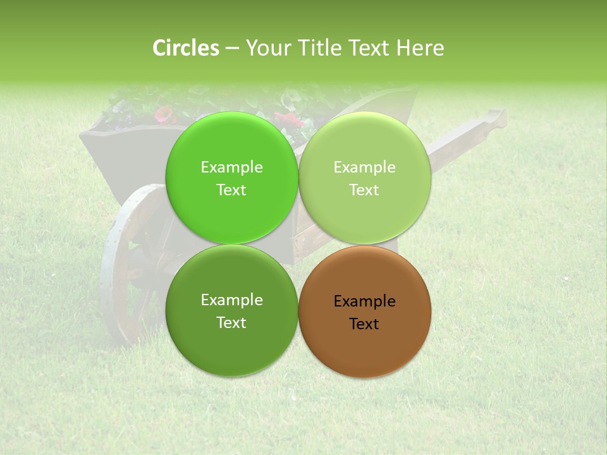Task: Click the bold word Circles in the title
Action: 186,48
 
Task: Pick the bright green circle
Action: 231,145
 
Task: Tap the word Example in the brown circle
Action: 364,301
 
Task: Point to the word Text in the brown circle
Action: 364,324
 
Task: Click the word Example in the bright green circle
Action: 231,167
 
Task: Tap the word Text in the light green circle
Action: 364,190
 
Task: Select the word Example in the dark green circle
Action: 231,300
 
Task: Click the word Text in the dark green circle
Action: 231,323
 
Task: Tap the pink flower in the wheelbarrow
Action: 164,114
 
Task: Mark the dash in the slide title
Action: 232,49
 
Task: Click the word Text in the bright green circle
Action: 231,190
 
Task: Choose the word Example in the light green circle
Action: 364,167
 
